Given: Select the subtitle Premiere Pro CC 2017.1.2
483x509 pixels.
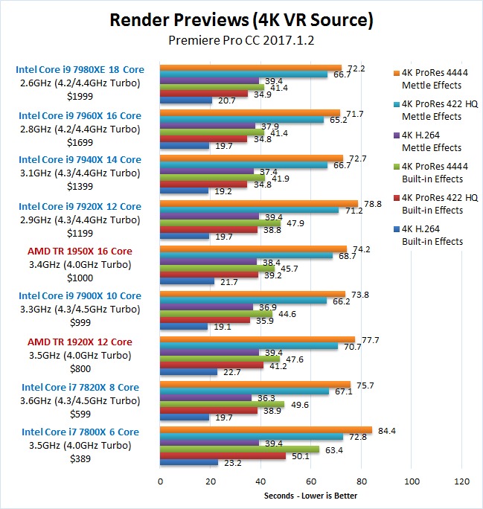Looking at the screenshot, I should (241, 40).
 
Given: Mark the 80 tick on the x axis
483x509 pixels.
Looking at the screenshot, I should (362, 481).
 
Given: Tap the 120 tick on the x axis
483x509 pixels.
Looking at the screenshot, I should (462, 481).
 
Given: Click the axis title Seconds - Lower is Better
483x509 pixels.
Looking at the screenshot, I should (311, 496).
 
